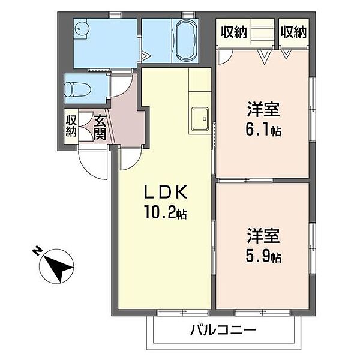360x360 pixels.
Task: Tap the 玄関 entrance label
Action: point(100,126)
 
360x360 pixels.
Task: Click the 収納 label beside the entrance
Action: point(71,126)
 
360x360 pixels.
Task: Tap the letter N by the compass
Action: point(37,251)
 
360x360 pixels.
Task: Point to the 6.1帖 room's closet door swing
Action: point(224,56)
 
